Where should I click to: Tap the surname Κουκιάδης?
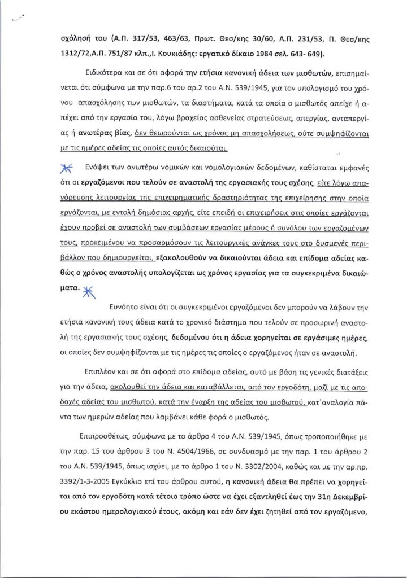click(168, 55)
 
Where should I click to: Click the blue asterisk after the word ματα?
click(88, 292)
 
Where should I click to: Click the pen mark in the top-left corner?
click(19, 19)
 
